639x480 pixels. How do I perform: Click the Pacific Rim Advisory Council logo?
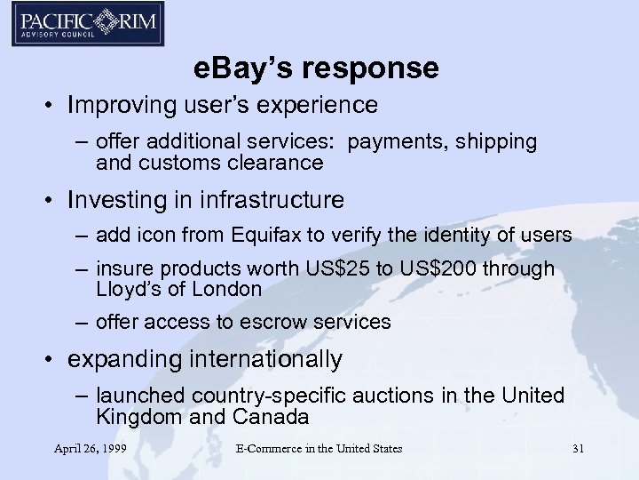[x=87, y=24]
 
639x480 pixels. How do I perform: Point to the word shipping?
[x=499, y=141]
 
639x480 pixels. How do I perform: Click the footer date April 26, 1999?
[x=90, y=448]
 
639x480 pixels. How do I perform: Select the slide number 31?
[x=578, y=448]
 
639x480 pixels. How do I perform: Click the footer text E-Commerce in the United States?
[x=319, y=448]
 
